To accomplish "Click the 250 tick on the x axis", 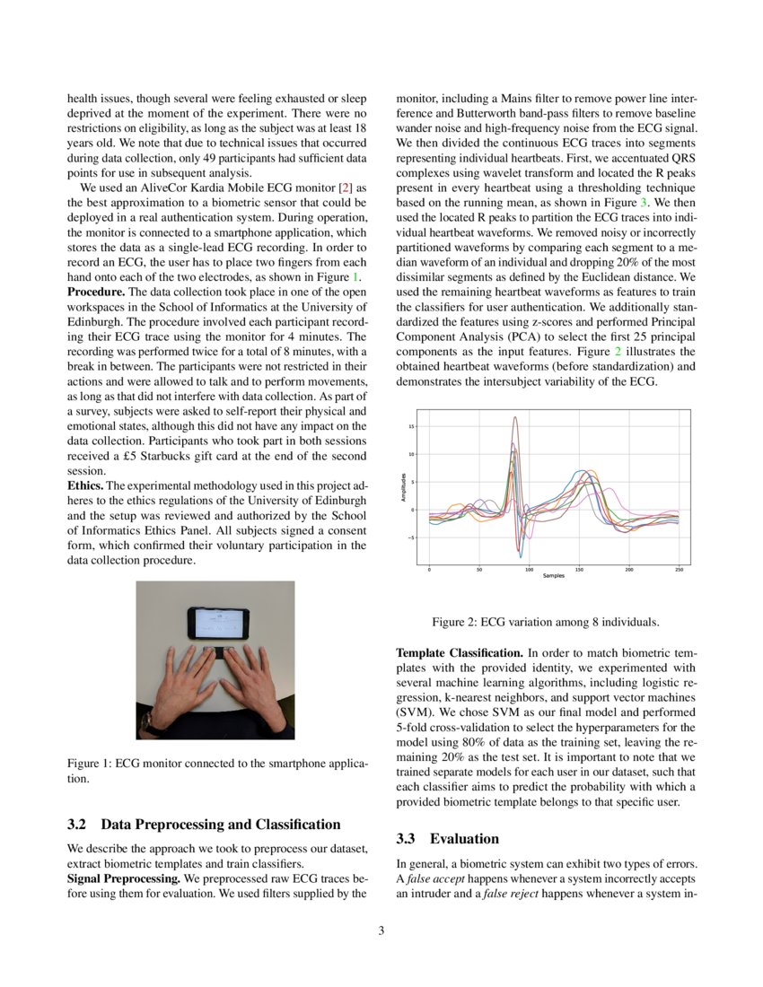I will (x=679, y=569).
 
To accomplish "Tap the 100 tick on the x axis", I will (x=529, y=569).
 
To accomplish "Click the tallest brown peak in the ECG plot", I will (x=515, y=418).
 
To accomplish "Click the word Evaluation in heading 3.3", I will (x=464, y=839).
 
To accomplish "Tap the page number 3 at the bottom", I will (x=381, y=930).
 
